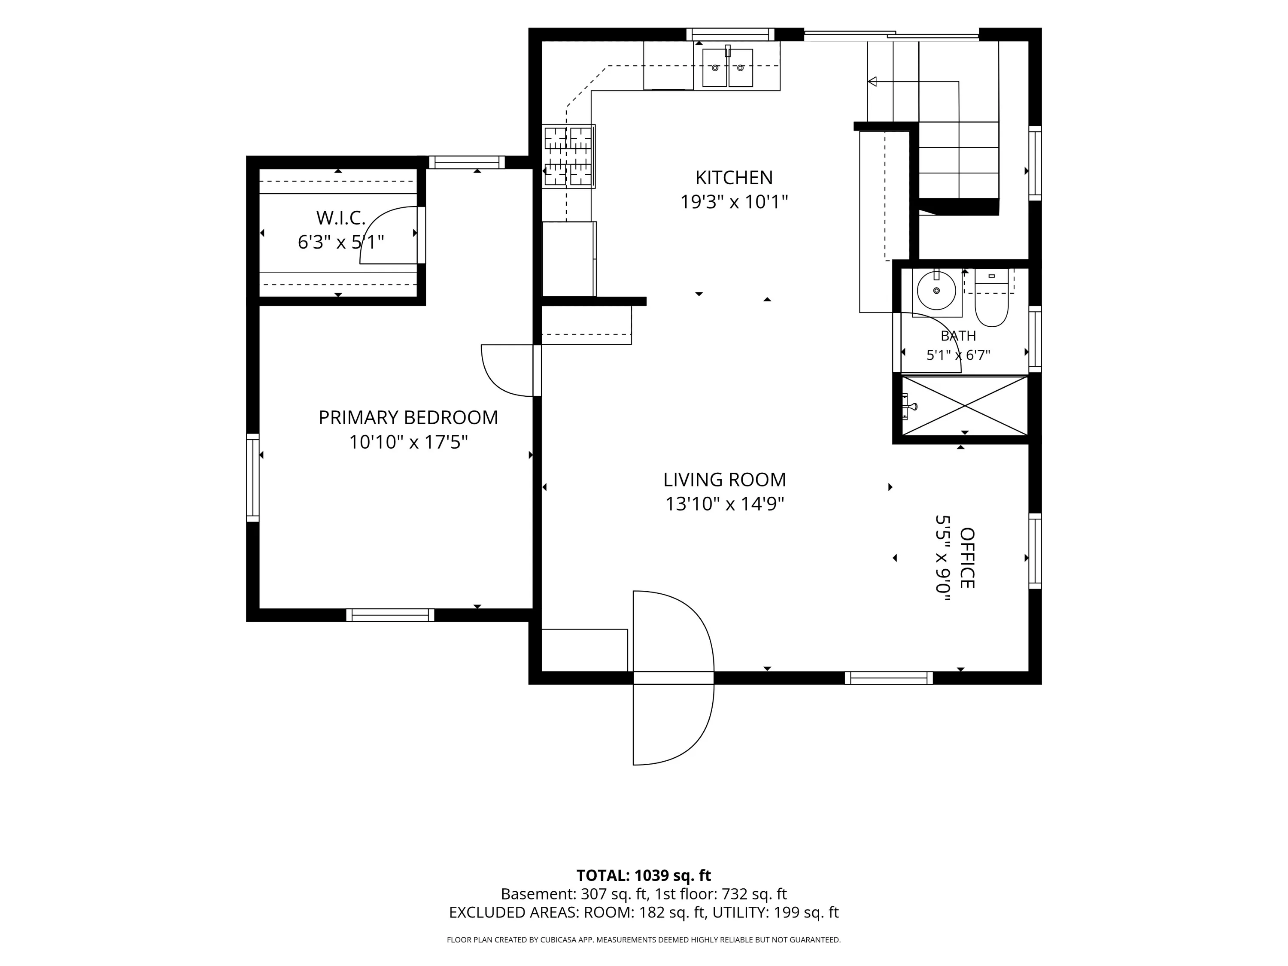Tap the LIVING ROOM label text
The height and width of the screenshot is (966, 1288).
(724, 480)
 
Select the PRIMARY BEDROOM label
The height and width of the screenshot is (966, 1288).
(408, 417)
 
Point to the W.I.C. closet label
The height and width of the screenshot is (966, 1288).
(340, 218)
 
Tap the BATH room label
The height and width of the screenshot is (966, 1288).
(958, 336)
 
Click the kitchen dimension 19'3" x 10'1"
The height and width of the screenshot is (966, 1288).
(734, 202)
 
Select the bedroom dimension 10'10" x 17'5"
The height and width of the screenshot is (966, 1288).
(408, 443)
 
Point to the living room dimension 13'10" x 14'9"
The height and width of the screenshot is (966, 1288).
(724, 504)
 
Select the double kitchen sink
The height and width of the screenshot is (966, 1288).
(728, 67)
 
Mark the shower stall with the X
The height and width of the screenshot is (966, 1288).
(965, 405)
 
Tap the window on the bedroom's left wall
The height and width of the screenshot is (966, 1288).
(253, 477)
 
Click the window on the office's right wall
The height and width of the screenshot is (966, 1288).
(1035, 551)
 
